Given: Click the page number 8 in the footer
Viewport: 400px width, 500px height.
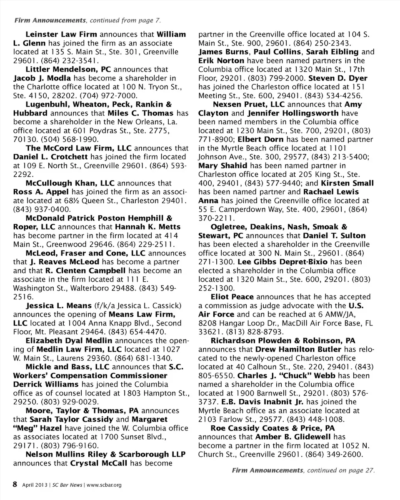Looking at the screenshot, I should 15,484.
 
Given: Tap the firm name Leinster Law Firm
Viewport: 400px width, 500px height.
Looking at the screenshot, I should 62,34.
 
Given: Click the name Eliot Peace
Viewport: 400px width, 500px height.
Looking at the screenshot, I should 232,297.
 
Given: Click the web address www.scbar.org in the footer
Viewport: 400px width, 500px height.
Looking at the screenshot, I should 104,485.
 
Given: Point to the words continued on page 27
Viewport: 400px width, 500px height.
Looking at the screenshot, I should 340,470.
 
